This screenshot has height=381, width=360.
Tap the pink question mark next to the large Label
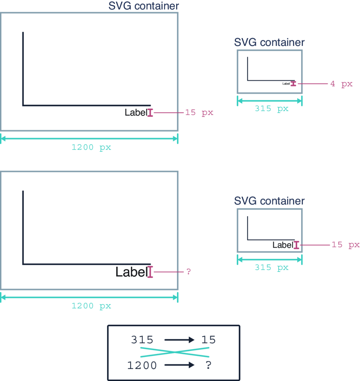pyautogui.click(x=189, y=271)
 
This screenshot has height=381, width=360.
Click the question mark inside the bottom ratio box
pyautogui.click(x=208, y=365)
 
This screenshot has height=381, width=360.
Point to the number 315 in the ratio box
pyautogui.click(x=142, y=340)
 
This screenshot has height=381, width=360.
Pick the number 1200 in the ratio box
pyautogui.click(x=142, y=366)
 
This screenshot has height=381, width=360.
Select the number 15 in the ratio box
pyautogui.click(x=208, y=340)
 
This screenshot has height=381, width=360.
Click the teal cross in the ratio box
pyautogui.click(x=175, y=352)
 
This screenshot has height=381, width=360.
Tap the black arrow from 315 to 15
pyautogui.click(x=179, y=340)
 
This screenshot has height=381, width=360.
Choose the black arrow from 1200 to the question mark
pyautogui.click(x=179, y=365)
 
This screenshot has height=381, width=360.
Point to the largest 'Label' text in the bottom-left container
pyautogui.click(x=132, y=272)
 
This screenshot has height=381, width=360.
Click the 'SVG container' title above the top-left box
pyautogui.click(x=144, y=6)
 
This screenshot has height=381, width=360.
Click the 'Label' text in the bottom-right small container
pyautogui.click(x=283, y=245)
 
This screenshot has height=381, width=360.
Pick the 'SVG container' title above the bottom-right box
pyautogui.click(x=269, y=201)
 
